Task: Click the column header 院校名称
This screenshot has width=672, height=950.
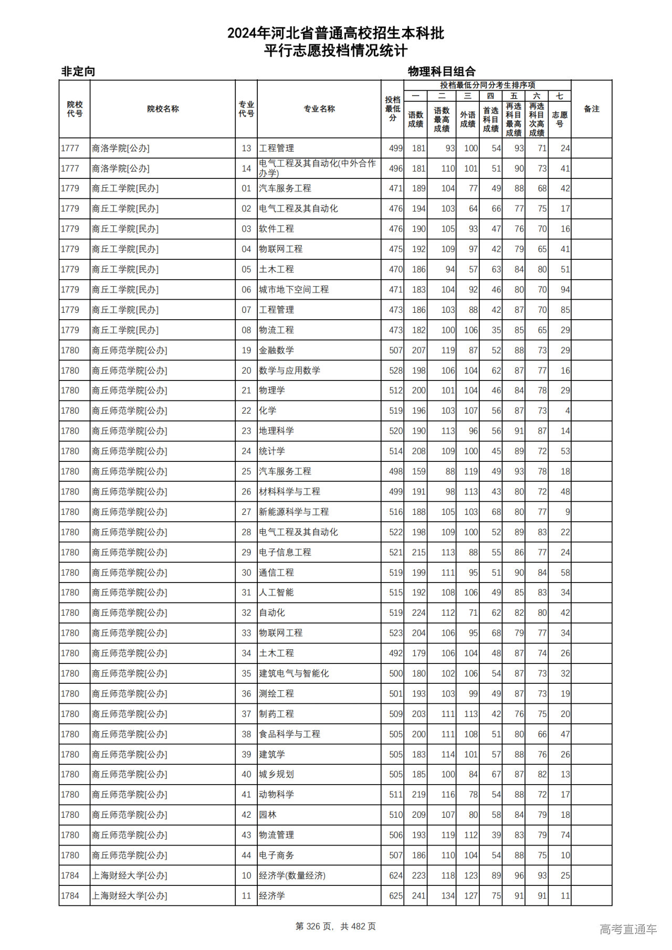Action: point(163,109)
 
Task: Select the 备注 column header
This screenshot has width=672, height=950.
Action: point(591,109)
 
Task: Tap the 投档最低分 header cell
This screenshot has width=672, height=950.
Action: point(392,109)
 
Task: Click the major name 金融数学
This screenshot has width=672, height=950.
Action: point(276,350)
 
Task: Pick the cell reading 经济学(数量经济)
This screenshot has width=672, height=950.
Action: point(292,875)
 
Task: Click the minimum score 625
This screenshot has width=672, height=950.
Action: point(396,896)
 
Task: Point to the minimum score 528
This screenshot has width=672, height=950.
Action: point(396,371)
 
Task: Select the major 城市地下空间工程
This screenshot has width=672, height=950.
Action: point(293,290)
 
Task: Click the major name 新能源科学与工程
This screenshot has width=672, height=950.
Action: point(293,512)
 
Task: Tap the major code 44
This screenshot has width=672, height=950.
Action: point(246,856)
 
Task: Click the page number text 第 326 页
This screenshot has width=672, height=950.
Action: point(315,926)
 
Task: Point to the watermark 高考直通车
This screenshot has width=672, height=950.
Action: point(628,929)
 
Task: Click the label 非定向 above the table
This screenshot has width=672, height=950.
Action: point(78,71)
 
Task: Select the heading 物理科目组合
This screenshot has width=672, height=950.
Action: point(442,71)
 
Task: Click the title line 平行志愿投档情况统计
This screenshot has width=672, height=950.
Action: point(335,51)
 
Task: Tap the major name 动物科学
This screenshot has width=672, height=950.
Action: point(276,795)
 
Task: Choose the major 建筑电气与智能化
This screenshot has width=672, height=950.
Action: point(293,673)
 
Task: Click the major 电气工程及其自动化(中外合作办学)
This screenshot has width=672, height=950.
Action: point(317,168)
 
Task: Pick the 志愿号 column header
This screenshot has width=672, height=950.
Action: point(560,119)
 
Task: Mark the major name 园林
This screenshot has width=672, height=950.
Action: point(268,815)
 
